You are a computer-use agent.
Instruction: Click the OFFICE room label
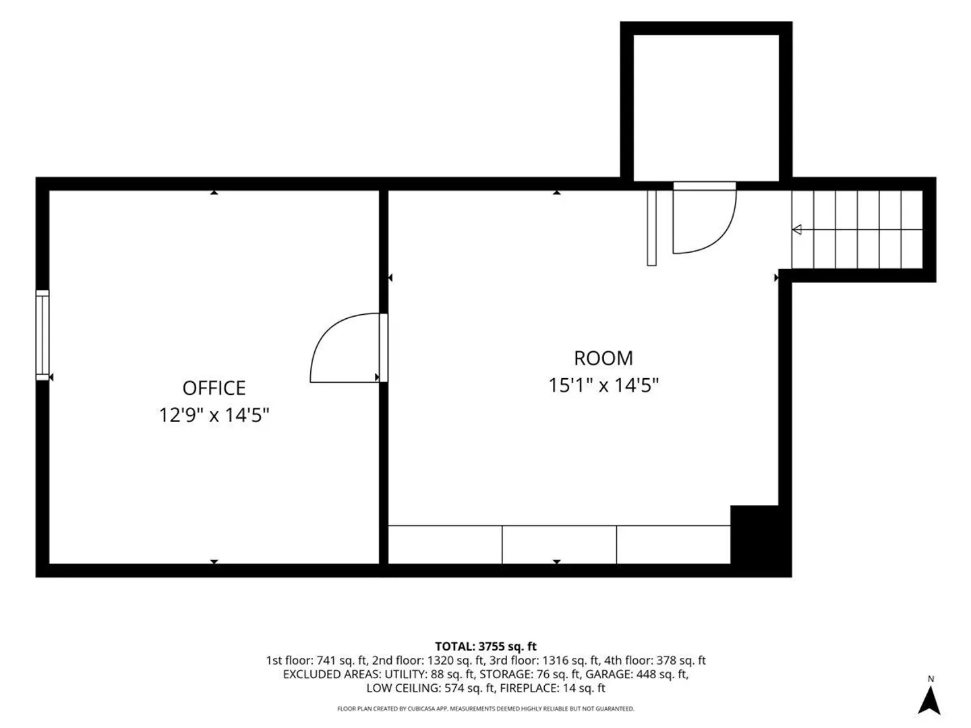click(x=214, y=388)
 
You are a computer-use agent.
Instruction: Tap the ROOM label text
click(x=603, y=358)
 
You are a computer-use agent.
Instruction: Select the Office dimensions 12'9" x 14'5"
click(x=214, y=415)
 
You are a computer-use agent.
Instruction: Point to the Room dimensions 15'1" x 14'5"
click(x=604, y=385)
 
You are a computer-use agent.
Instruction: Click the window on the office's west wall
click(x=42, y=334)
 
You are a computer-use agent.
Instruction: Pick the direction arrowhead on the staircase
click(x=797, y=230)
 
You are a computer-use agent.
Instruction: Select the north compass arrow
click(x=929, y=700)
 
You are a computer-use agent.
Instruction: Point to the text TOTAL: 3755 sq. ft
click(x=486, y=646)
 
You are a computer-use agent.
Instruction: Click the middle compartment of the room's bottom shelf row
click(x=559, y=545)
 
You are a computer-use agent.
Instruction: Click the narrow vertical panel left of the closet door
click(x=651, y=228)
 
